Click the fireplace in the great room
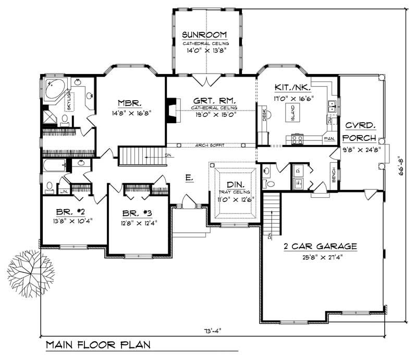click(x=171, y=110)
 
